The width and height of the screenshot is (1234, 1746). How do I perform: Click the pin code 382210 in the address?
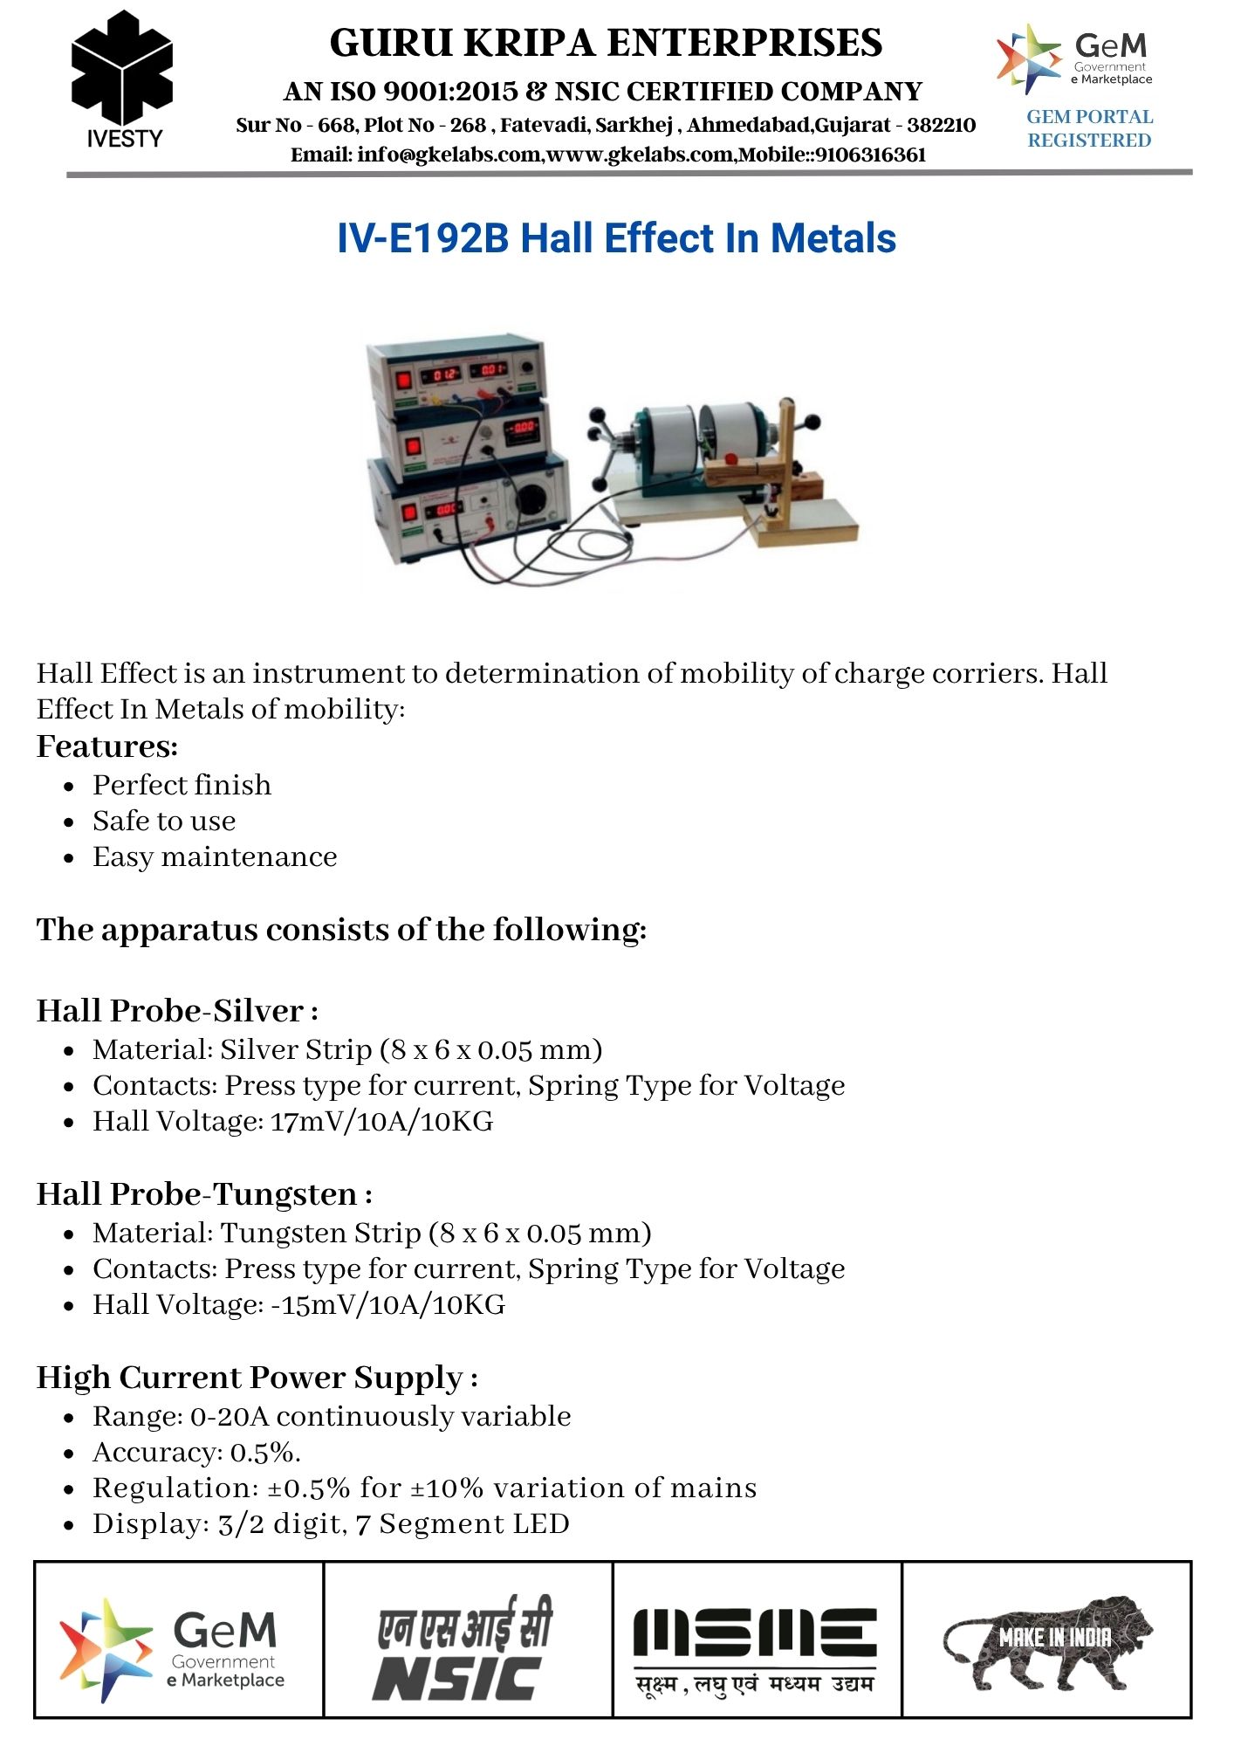[x=941, y=125]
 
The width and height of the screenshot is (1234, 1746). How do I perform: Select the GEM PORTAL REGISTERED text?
[x=1089, y=128]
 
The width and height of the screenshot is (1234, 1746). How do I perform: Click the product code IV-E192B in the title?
[x=422, y=238]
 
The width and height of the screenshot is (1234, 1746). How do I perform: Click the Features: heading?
[x=107, y=746]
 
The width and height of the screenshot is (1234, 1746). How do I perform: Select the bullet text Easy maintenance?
[x=215, y=857]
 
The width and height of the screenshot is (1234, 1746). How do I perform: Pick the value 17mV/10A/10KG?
[x=381, y=1122]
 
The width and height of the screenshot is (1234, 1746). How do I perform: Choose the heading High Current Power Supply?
[x=250, y=1378]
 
